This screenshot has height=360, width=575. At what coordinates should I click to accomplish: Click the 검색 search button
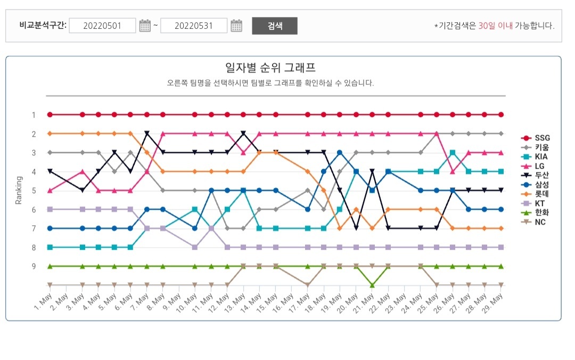[x=274, y=26]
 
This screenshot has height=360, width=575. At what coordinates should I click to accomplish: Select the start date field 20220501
[x=102, y=26]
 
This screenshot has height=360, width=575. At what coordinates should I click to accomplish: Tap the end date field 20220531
[x=194, y=26]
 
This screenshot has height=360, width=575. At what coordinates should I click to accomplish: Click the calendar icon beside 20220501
[x=145, y=26]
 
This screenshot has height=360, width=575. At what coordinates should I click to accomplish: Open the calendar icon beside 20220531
[x=236, y=26]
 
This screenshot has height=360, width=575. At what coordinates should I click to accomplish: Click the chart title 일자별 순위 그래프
[x=270, y=68]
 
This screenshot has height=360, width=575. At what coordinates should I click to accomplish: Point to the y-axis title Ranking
[x=19, y=190]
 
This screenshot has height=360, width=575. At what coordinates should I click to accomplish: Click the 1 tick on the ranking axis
[x=33, y=115]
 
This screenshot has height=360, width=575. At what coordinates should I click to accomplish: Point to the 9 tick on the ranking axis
[x=33, y=266]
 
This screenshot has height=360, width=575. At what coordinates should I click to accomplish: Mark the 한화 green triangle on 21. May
[x=372, y=285]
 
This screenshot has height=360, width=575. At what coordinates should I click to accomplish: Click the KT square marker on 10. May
[x=195, y=247]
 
